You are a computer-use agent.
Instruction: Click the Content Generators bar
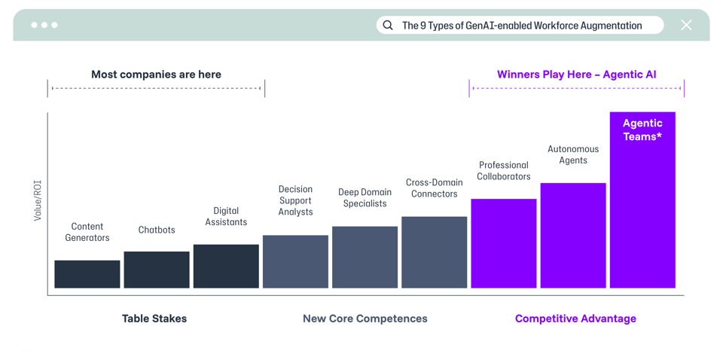pyautogui.click(x=87, y=274)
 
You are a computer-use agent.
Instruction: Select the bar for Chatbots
pyautogui.click(x=157, y=270)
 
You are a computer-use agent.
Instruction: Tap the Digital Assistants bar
pyautogui.click(x=226, y=266)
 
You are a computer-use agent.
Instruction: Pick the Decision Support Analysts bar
pyautogui.click(x=295, y=261)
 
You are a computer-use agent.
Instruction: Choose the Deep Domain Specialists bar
pyautogui.click(x=365, y=257)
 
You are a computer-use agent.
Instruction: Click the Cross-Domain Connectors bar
pyautogui.click(x=434, y=252)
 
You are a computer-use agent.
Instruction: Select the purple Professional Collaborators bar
pyautogui.click(x=503, y=243)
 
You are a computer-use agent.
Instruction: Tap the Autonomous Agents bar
pyautogui.click(x=573, y=235)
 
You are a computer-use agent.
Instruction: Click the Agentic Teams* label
pyautogui.click(x=642, y=130)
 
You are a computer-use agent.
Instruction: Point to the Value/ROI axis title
pyautogui.click(x=38, y=200)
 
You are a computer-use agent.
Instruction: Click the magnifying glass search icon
pyautogui.click(x=388, y=26)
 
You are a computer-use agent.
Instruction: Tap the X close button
pyautogui.click(x=686, y=26)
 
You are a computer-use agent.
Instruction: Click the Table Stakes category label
pyautogui.click(x=154, y=319)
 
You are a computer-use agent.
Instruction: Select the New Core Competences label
pyautogui.click(x=365, y=319)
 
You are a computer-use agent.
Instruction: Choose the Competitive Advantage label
pyautogui.click(x=575, y=319)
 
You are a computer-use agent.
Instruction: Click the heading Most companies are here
pyautogui.click(x=156, y=75)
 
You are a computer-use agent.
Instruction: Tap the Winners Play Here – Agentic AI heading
pyautogui.click(x=576, y=75)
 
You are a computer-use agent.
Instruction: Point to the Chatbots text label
pyautogui.click(x=157, y=230)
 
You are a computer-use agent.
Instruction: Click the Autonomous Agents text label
pyautogui.click(x=573, y=154)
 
